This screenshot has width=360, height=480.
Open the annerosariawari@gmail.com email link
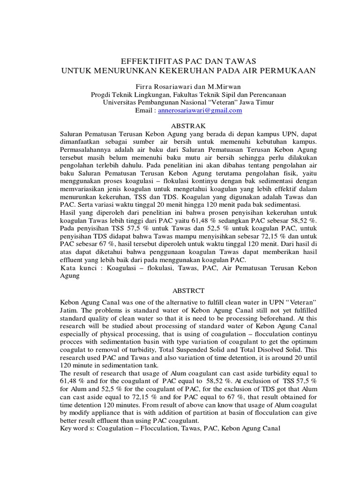point(200,110)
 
